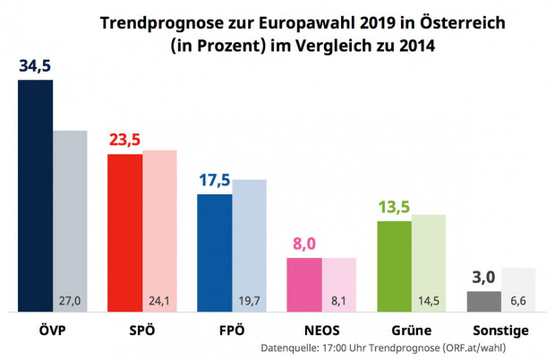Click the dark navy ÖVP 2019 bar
point(35,197)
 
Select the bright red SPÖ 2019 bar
point(124,233)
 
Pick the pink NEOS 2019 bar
point(303,285)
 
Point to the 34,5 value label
point(36,66)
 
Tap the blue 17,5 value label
point(214,179)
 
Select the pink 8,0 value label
point(304,244)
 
